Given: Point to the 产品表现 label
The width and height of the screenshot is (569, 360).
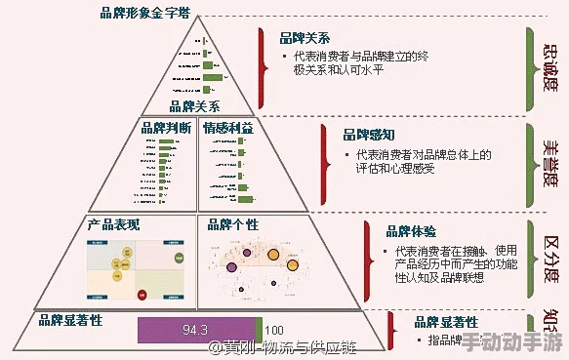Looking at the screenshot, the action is (x=113, y=224).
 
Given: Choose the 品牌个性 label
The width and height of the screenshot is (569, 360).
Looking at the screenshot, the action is (x=233, y=224).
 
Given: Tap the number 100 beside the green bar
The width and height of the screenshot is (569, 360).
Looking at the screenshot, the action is (x=274, y=330).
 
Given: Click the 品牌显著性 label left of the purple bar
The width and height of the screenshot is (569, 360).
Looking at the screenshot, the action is (x=70, y=318).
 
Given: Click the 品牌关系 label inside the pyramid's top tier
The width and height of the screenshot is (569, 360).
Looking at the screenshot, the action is (x=194, y=106).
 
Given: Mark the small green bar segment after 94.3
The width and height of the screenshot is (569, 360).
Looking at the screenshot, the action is (x=259, y=330).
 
